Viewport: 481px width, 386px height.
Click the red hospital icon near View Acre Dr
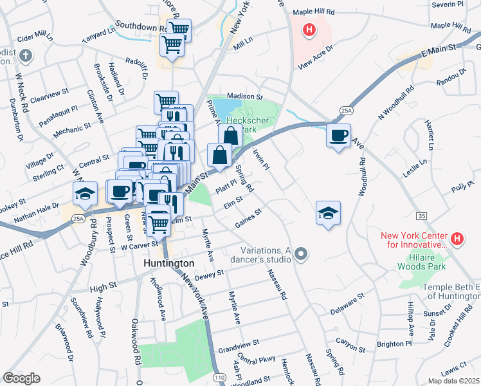(x=309, y=30)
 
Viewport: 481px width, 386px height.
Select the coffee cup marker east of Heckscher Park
(x=338, y=136)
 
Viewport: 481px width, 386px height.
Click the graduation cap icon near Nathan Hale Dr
(x=84, y=193)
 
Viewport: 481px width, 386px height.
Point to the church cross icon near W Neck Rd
(x=25, y=56)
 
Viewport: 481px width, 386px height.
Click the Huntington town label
(x=168, y=264)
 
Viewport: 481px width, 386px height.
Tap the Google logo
(x=21, y=378)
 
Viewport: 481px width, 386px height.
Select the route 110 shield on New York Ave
(x=220, y=376)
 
